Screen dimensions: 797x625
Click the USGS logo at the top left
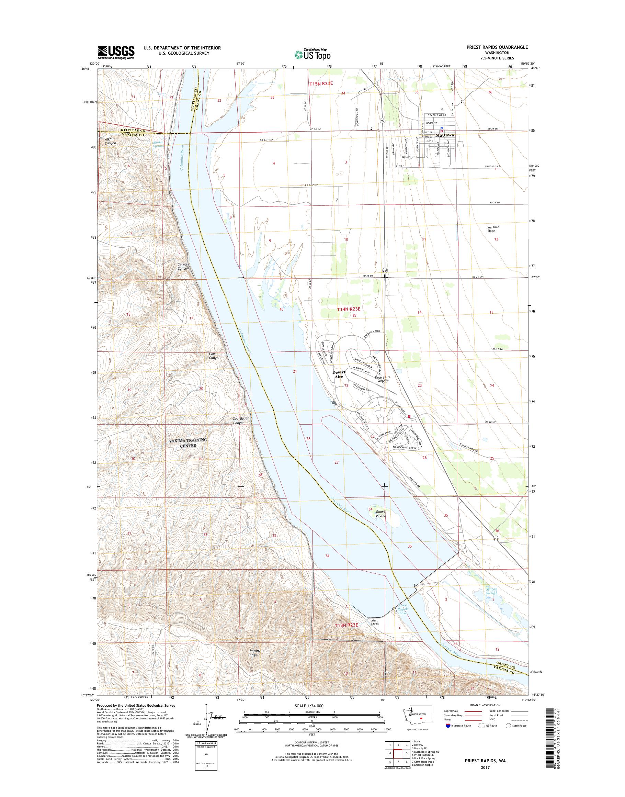(116, 52)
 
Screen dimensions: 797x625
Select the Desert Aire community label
(339, 374)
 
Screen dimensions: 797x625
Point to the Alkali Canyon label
(110, 141)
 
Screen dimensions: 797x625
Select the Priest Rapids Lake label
(403, 610)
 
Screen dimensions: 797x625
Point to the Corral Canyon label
(183, 266)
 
